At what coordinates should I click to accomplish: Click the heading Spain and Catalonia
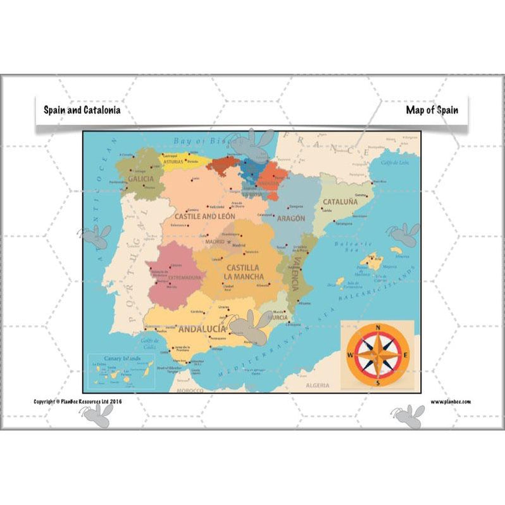pyautogui.click(x=82, y=109)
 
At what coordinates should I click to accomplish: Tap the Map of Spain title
pyautogui.click(x=432, y=109)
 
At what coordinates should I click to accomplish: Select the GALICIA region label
pyautogui.click(x=140, y=179)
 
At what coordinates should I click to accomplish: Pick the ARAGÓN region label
pyautogui.click(x=291, y=218)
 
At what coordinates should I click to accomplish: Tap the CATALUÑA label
pyautogui.click(x=340, y=203)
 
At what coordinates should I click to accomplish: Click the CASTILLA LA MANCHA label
pyautogui.click(x=243, y=272)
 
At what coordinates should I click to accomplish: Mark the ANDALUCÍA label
pyautogui.click(x=203, y=329)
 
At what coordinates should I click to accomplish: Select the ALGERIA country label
pyautogui.click(x=318, y=385)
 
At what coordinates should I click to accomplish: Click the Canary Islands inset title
pyautogui.click(x=120, y=358)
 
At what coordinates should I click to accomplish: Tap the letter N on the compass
pyautogui.click(x=378, y=327)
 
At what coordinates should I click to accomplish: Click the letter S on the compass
pyautogui.click(x=378, y=382)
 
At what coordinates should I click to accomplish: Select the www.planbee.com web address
pyautogui.click(x=451, y=401)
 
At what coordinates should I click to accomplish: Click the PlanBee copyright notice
pyautogui.click(x=78, y=401)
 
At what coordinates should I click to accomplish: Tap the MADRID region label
pyautogui.click(x=215, y=242)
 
